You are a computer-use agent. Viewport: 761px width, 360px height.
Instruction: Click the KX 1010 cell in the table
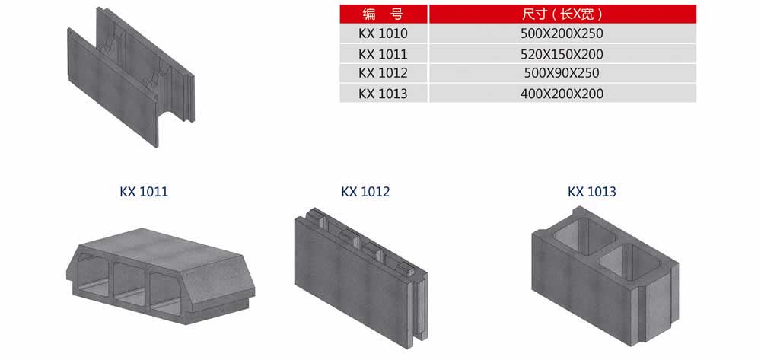383,33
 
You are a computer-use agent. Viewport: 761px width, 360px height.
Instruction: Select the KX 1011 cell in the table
383,53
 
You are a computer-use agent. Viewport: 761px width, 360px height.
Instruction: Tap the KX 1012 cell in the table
383,73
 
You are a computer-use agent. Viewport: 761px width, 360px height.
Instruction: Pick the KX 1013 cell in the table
383,93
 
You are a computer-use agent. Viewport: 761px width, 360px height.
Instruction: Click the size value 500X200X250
562,33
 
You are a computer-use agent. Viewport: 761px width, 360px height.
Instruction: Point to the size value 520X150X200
562,53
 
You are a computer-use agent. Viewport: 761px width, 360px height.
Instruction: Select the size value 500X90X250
562,73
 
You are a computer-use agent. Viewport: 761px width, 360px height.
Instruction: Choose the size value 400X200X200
562,93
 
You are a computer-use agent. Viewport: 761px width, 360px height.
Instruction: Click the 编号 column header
383,14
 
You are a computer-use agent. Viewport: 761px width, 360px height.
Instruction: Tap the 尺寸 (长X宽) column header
562,14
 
